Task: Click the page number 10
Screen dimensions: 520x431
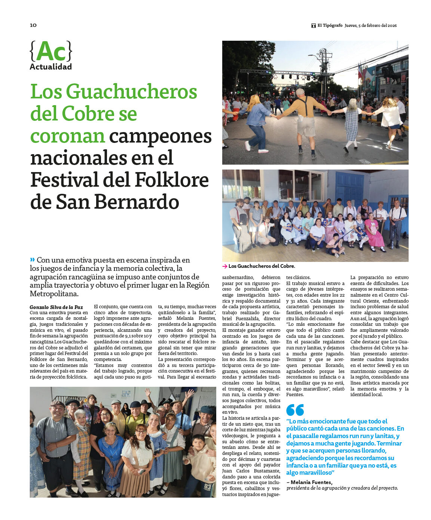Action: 33,25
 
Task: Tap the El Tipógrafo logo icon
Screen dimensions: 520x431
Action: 314,26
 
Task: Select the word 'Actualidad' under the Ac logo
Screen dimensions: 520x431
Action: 51,67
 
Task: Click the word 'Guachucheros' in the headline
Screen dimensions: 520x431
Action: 131,92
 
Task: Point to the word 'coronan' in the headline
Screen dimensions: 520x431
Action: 67,136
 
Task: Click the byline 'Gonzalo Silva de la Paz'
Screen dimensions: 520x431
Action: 56,307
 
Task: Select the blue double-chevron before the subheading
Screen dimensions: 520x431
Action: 33,260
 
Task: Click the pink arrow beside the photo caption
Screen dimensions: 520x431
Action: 224,266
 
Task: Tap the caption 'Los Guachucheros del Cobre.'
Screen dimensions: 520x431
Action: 262,266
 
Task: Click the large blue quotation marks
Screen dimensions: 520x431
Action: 295,410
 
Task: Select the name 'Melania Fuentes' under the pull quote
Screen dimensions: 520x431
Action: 311,482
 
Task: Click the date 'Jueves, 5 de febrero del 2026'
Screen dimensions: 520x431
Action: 370,26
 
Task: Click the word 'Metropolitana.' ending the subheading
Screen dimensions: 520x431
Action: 54,294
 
